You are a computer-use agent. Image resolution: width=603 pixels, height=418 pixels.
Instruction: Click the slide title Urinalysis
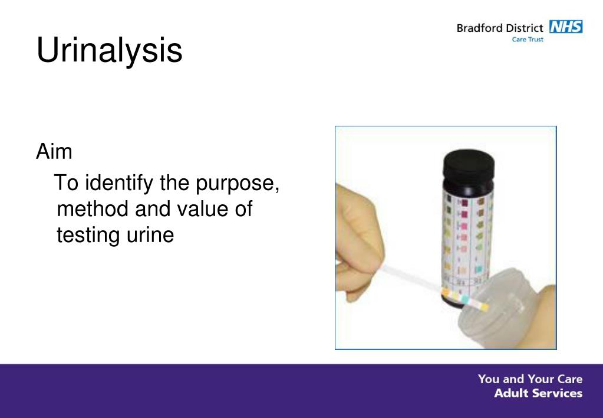[x=109, y=51]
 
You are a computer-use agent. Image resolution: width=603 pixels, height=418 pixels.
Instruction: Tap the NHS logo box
[x=565, y=27]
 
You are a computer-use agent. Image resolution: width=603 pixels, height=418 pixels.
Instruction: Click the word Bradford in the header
[x=479, y=28]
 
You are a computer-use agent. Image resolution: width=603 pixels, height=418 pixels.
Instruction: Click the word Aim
[x=54, y=152]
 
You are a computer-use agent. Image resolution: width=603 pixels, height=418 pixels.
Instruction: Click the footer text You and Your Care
[x=530, y=379]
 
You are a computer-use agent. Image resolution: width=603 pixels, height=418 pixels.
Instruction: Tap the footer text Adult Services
[x=538, y=393]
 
